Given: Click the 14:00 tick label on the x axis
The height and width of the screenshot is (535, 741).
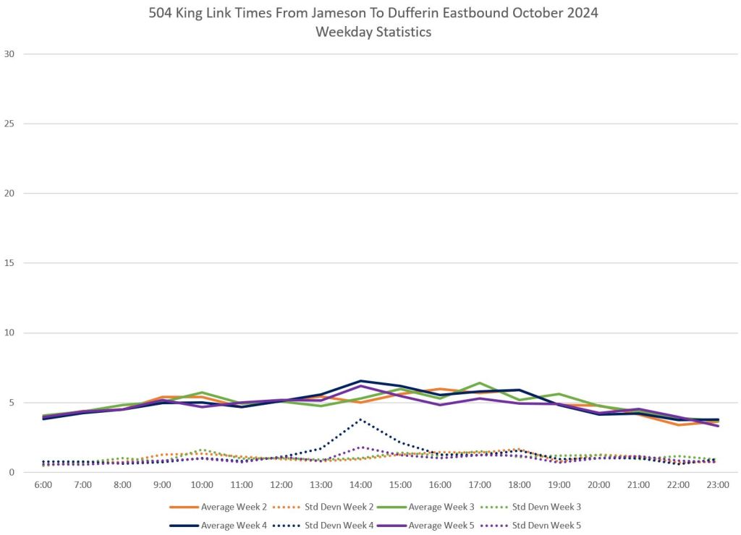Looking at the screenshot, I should pos(361,484).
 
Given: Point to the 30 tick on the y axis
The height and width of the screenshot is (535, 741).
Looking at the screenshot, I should pos(9,54).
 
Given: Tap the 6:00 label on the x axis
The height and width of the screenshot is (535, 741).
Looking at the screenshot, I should pos(43,484).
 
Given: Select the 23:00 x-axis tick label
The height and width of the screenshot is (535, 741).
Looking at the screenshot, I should pos(718,484).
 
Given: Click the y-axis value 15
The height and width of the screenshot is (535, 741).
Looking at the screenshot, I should pos(9,263).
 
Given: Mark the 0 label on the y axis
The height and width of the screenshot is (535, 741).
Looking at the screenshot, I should pos(12,472).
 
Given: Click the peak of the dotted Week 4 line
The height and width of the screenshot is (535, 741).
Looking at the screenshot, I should pos(361,419).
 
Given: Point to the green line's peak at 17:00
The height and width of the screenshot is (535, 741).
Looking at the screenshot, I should pos(480,383).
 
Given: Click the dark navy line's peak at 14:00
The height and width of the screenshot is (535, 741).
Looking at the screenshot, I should pos(361,381).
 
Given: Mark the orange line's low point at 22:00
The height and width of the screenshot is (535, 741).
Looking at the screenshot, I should pos(678,424).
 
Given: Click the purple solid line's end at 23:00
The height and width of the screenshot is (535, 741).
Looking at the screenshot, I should pos(717,426).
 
